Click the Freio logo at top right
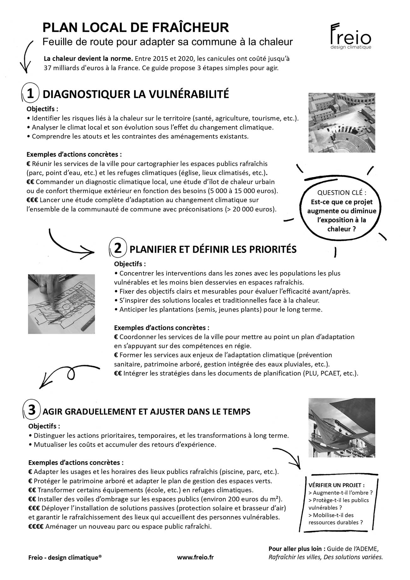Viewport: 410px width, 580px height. [350, 36]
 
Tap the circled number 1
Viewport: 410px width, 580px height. [30, 94]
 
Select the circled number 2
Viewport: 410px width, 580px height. [118, 249]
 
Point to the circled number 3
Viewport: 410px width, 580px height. [32, 411]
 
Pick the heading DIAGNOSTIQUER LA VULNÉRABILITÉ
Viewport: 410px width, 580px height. [136, 94]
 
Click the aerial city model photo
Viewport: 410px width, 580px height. [342, 122]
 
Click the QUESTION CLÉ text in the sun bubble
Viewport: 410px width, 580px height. [342, 192]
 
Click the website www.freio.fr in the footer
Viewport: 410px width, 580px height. [195, 566]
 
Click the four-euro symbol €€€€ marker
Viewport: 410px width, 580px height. [36, 526]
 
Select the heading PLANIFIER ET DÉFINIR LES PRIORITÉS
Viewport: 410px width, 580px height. [213, 249]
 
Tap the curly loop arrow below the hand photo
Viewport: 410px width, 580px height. [69, 374]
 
